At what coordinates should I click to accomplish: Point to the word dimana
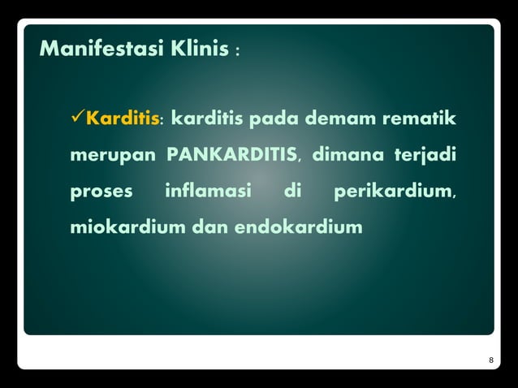[x=345, y=156]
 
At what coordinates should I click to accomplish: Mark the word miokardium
[x=127, y=228]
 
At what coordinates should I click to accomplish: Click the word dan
[x=210, y=228]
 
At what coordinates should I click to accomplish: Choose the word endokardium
[x=299, y=228]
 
